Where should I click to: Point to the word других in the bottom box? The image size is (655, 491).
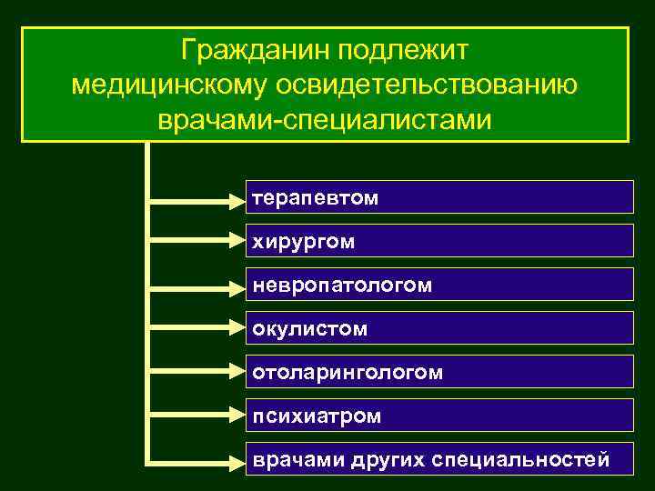click(x=376, y=459)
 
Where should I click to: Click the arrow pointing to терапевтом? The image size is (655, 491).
click(x=196, y=196)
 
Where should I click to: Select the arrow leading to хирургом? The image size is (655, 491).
click(x=196, y=240)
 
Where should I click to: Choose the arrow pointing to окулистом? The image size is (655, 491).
click(x=196, y=327)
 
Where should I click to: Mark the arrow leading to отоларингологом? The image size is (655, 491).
click(x=196, y=371)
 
